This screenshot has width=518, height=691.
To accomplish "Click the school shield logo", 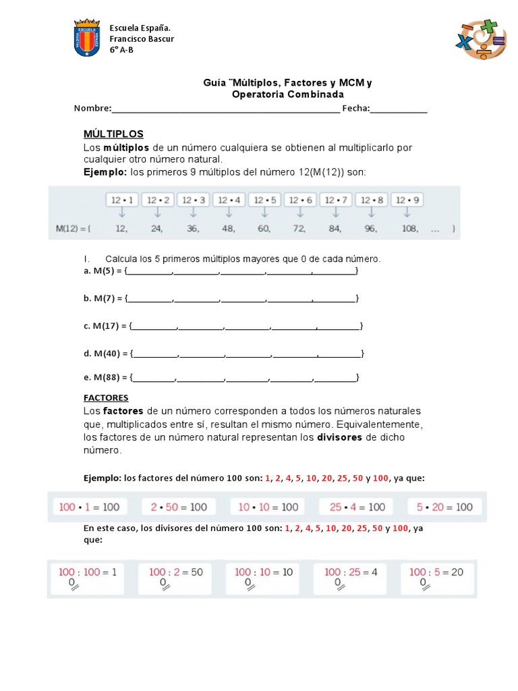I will pyautogui.click(x=86, y=38).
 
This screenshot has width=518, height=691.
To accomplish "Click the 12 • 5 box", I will pyautogui.click(x=264, y=200).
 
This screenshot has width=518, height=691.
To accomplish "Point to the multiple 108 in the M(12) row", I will pyautogui.click(x=409, y=229).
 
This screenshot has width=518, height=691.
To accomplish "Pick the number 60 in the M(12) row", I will pyautogui.click(x=264, y=229).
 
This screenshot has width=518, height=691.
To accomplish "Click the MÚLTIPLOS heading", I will pyautogui.click(x=113, y=134).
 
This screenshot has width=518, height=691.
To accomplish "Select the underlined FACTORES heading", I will pyautogui.click(x=106, y=397).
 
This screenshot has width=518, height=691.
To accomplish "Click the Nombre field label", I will pyautogui.click(x=92, y=109).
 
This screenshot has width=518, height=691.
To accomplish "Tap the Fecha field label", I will pyautogui.click(x=355, y=109).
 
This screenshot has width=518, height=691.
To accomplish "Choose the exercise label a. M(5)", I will pyautogui.click(x=103, y=271).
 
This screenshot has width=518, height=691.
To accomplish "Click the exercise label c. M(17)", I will pyautogui.click(x=105, y=326).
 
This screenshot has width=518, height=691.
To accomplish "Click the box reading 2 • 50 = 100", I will pyautogui.click(x=179, y=507).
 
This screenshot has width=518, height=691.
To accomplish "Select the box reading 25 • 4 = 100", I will pyautogui.click(x=357, y=507).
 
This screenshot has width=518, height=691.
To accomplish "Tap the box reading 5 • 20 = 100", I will pyautogui.click(x=445, y=507).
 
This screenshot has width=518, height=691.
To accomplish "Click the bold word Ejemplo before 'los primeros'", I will pyautogui.click(x=105, y=172).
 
